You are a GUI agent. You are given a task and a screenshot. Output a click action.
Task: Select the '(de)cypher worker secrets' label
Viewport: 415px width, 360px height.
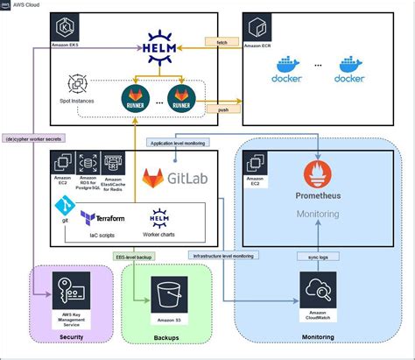coord(35,138)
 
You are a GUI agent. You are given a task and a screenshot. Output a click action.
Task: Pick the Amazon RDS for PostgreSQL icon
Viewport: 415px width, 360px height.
coord(86,163)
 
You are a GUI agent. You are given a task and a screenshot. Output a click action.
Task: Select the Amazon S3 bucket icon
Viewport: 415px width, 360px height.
coord(165,293)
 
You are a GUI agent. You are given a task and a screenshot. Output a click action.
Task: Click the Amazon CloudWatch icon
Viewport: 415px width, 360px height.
coord(316,289)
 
